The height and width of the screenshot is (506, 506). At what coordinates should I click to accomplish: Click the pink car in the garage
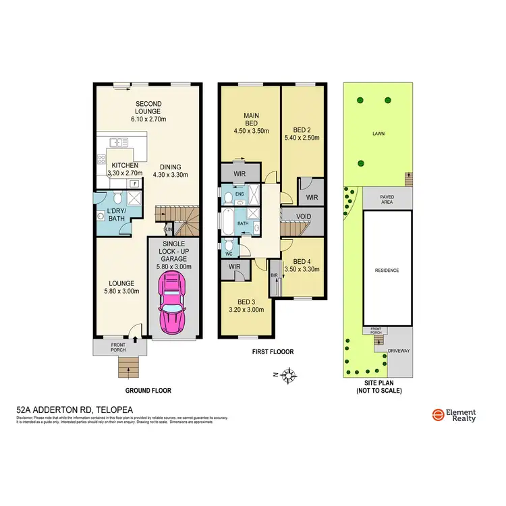[172, 306]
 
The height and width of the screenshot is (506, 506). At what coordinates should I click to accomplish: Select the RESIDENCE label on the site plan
[387, 270]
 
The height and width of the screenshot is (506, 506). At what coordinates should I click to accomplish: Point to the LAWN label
[378, 134]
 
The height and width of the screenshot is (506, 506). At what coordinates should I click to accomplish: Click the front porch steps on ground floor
[128, 368]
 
